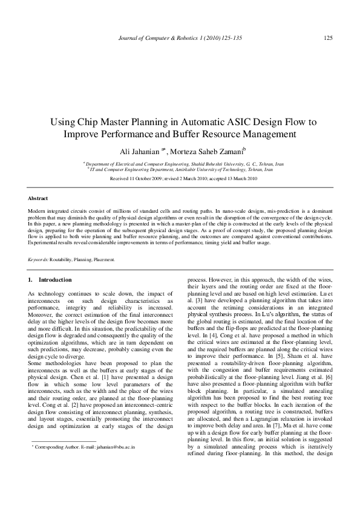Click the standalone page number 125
pos(328,38)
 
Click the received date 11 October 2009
pos(143,180)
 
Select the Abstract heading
pos(38,198)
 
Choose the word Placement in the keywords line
pos(103,259)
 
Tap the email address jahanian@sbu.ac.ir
pos(117,465)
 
